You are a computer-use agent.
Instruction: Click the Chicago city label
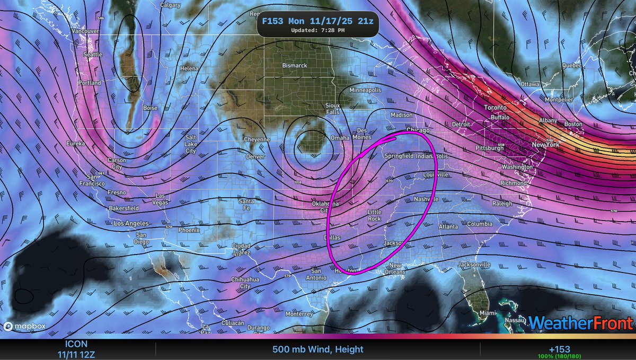click(x=417, y=130)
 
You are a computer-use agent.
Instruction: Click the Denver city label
click(x=256, y=157)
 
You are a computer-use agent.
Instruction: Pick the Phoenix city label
click(x=189, y=230)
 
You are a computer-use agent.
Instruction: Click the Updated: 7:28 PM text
click(x=318, y=30)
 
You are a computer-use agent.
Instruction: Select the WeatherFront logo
click(x=581, y=322)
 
